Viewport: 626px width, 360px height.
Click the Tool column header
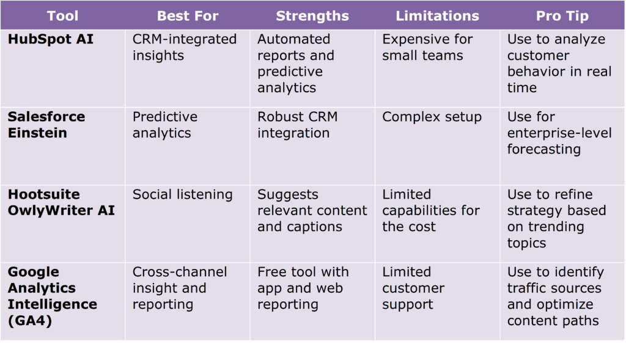click(x=63, y=16)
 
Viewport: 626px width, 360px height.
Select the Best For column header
click(x=187, y=16)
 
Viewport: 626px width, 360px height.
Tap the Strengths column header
click(x=312, y=16)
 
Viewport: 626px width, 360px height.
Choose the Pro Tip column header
click(x=561, y=16)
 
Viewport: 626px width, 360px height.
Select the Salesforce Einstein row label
click(x=46, y=125)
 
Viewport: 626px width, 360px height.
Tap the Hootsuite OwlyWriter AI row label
click(x=61, y=202)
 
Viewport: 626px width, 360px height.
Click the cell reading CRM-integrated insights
click(x=184, y=47)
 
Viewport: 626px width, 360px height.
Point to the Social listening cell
click(x=182, y=194)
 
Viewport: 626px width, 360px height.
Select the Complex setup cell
click(x=432, y=117)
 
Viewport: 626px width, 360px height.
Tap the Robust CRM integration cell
click(x=297, y=125)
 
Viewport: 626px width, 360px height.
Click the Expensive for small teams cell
click(x=427, y=47)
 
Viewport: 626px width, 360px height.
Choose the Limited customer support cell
click(x=413, y=288)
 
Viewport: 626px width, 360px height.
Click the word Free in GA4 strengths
click(x=273, y=272)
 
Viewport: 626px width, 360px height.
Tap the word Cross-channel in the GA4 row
click(x=179, y=272)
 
